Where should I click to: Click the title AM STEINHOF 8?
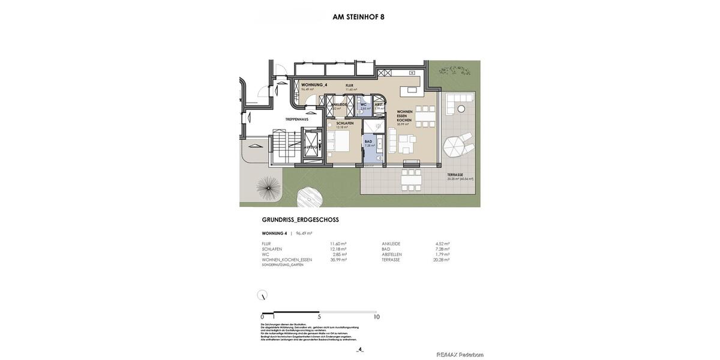358,17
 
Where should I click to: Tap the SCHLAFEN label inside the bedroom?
344,123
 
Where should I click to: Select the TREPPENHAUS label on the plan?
296,119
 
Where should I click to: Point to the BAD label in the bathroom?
368,142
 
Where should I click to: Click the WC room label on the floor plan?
363,104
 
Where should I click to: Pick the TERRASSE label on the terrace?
455,175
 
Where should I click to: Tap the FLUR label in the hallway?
349,86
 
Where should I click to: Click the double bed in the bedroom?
338,142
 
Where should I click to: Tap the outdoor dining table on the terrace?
411,179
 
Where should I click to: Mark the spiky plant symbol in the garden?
268,187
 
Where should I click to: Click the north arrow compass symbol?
262,295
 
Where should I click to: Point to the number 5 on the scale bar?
319,317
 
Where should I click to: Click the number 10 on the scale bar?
376,317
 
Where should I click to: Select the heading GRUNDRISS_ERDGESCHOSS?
300,220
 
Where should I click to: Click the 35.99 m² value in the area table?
338,260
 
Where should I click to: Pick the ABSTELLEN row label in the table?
392,254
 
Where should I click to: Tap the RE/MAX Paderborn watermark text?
460,355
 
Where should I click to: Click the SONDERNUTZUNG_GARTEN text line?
283,265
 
